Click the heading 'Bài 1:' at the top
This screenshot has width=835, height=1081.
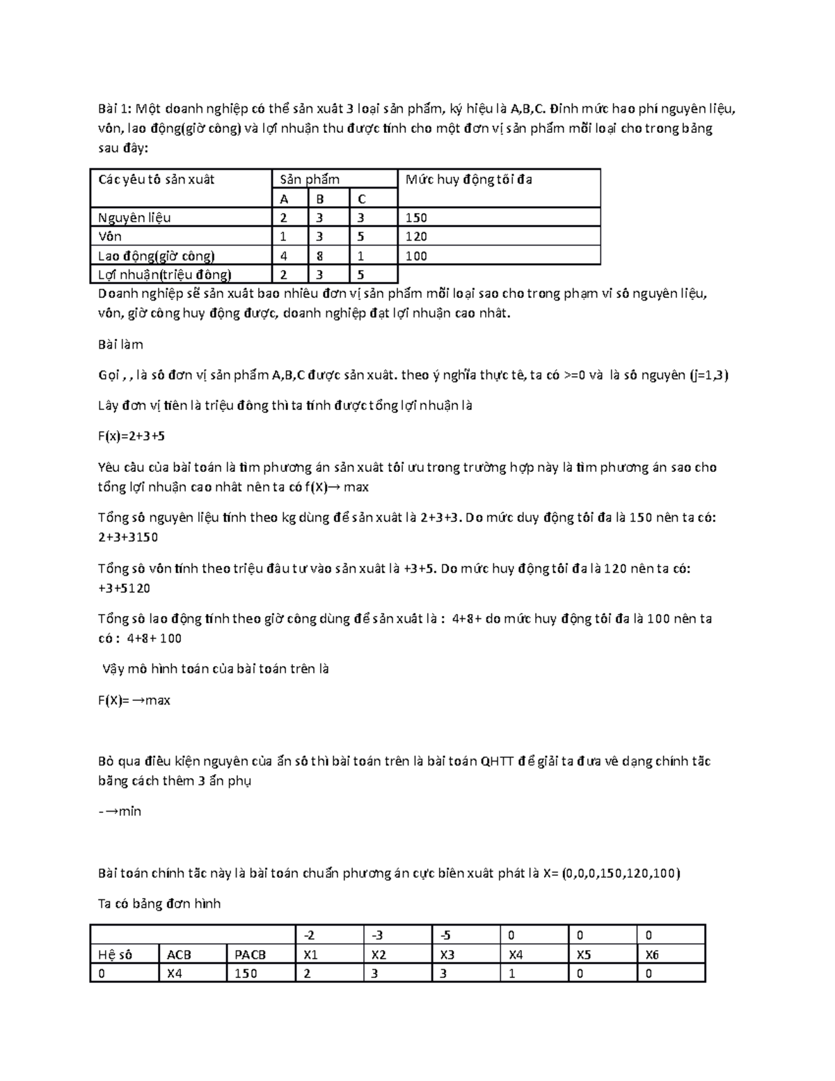(x=115, y=109)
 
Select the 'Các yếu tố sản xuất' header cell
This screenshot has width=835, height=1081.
(x=157, y=180)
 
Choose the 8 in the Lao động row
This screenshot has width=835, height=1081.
(x=320, y=256)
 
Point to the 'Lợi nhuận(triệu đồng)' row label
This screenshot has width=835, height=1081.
(x=165, y=275)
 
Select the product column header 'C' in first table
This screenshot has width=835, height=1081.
(x=362, y=199)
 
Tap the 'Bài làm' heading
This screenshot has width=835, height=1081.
(x=120, y=345)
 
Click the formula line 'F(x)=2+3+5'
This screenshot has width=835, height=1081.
(x=132, y=436)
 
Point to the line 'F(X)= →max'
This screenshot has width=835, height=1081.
(x=134, y=700)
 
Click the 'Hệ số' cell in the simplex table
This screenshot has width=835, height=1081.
(x=116, y=955)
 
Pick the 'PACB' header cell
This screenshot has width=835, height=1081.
(x=250, y=955)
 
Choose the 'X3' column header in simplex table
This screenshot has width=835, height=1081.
(x=447, y=955)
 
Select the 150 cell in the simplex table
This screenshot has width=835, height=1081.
(x=246, y=974)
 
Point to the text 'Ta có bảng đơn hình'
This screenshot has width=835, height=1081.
(x=159, y=904)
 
